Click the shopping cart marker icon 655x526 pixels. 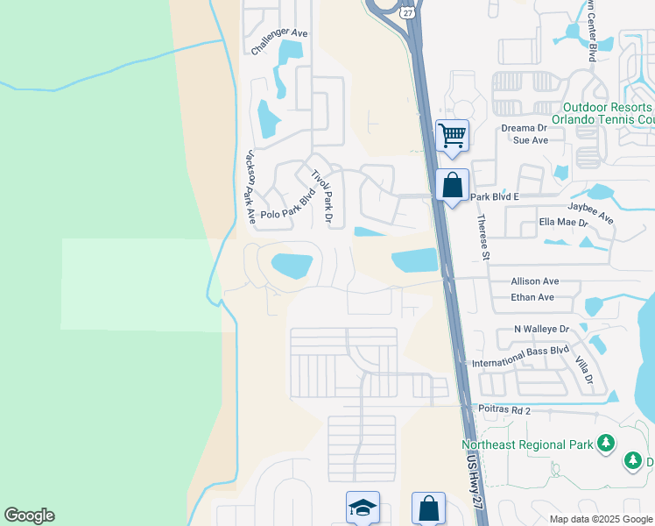(452, 137)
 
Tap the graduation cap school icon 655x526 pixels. (363, 508)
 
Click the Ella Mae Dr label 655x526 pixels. (562, 223)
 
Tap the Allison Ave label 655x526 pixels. (534, 282)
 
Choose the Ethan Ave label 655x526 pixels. (532, 297)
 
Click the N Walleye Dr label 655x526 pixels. (541, 329)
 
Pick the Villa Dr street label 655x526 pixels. (584, 369)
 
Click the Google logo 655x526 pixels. (29, 515)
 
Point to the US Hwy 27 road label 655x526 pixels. (474, 483)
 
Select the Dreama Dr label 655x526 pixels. (524, 127)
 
